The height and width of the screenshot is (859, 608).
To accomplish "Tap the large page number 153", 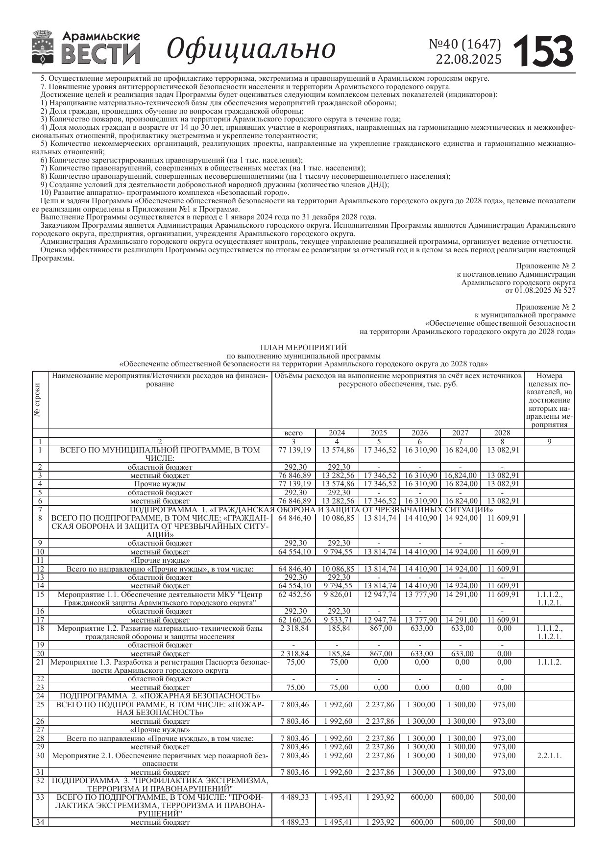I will (543, 51).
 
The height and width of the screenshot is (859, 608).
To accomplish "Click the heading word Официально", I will (251, 49).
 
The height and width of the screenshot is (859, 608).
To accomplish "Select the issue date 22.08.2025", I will (469, 59).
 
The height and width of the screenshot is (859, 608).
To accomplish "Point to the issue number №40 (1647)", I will (465, 45).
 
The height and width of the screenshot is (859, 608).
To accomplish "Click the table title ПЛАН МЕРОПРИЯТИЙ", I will (303, 348).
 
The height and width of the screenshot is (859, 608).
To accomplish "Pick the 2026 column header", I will (419, 433).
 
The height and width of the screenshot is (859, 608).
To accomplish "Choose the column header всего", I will (293, 433).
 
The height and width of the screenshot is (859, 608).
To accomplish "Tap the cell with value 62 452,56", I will (293, 595).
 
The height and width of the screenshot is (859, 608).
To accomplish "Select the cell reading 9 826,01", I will (337, 595).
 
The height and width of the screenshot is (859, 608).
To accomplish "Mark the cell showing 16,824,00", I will (460, 475).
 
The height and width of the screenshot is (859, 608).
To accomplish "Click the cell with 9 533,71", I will (337, 620).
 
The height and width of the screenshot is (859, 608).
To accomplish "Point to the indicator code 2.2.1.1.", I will (549, 756).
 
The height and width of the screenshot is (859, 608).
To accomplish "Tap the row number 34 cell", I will (40, 822).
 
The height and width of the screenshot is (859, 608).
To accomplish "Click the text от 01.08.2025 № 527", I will (540, 290).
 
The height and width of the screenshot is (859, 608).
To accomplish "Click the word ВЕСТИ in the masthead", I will (100, 54).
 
